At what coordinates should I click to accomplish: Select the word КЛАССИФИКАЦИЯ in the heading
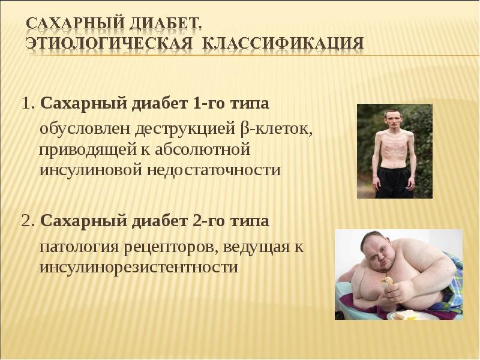point(282,43)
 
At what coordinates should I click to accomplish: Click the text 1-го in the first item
point(208,105)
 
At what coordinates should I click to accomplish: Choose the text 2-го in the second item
point(208,222)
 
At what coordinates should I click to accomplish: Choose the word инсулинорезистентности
point(139,267)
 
